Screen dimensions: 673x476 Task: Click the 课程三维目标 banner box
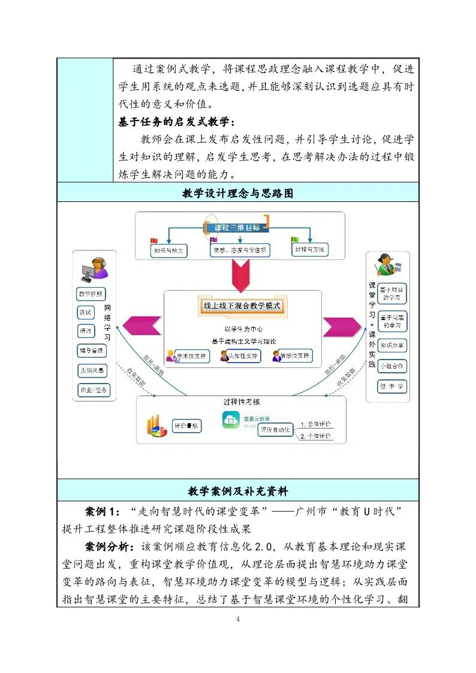pyautogui.click(x=237, y=228)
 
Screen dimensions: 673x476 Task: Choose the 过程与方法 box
pyautogui.click(x=309, y=249)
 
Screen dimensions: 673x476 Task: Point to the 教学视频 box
pyautogui.click(x=91, y=294)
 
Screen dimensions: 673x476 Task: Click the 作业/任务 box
pyautogui.click(x=94, y=390)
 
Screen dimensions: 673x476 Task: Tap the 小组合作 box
pyautogui.click(x=392, y=366)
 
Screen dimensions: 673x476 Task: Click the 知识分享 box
pyautogui.click(x=392, y=346)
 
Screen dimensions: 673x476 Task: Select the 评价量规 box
pyautogui.click(x=186, y=426)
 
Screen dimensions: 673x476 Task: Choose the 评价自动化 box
pyautogui.click(x=275, y=430)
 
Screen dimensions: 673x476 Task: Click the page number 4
pyautogui.click(x=238, y=619)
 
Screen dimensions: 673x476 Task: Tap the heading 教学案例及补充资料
pyautogui.click(x=238, y=491)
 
